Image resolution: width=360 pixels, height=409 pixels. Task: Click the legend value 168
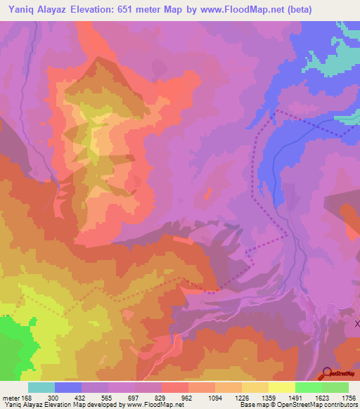(27, 398)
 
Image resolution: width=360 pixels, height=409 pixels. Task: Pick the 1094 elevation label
(215, 398)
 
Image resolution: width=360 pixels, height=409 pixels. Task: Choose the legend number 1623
(321, 398)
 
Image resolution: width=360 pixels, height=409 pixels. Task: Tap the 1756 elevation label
(348, 398)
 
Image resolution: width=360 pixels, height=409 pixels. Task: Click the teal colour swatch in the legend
(41, 387)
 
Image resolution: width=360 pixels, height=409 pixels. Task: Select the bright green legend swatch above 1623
(308, 387)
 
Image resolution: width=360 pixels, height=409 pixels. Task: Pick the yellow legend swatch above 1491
(281, 387)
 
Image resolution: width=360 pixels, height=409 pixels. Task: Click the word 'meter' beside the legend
(10, 398)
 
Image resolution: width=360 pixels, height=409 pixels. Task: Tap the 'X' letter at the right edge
(356, 323)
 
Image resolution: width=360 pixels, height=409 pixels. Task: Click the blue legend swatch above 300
(68, 387)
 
